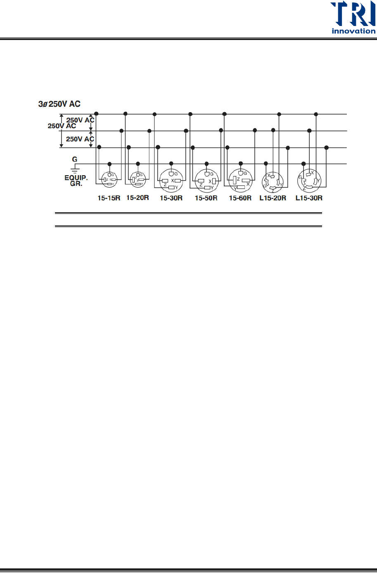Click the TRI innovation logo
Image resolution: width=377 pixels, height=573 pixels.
coord(353,17)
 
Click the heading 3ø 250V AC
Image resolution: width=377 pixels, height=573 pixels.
coord(59,104)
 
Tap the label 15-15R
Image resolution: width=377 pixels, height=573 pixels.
coord(109,198)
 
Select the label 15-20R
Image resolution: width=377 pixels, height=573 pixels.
coord(138,198)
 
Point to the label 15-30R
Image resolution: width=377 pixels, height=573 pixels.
coord(171,198)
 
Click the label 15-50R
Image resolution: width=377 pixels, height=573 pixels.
coord(206,198)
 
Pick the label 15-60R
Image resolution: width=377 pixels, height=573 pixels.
coord(240,198)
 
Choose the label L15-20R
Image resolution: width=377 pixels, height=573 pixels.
coord(273,198)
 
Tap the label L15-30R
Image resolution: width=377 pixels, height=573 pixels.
coord(309,198)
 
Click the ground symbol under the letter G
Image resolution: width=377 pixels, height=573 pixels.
coord(75,169)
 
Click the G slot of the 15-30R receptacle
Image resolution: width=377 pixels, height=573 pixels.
coord(171,174)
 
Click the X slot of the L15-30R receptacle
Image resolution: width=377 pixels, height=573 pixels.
coord(308,174)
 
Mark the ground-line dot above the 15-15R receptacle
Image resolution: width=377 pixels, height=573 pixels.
coord(109,164)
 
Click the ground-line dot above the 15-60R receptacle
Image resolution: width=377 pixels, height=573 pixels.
coord(241,164)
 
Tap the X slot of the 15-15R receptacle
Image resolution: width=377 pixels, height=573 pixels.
coord(114,180)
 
